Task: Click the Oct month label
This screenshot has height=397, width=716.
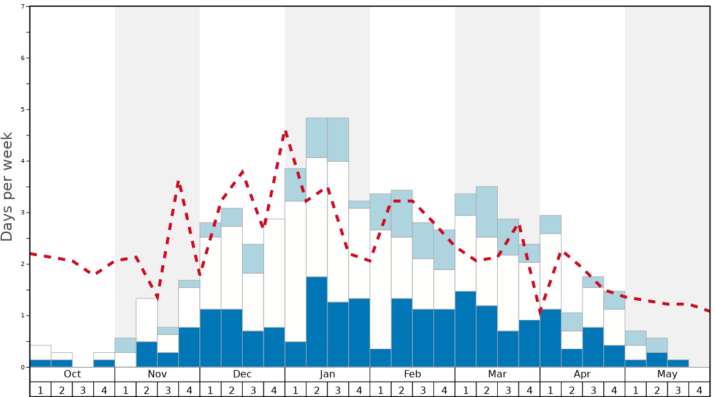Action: tap(72, 374)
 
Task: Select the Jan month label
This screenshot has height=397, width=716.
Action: tap(327, 374)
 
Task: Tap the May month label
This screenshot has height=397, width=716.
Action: tap(667, 374)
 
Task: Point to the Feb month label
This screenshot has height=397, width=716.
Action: tap(413, 374)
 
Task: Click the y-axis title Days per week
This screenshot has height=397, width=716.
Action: tap(7, 186)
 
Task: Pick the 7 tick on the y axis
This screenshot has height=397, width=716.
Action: tap(23, 7)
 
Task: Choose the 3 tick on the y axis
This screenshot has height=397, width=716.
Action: tap(23, 213)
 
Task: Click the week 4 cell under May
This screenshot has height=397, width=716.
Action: tap(699, 390)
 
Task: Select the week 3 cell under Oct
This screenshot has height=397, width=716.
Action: tap(83, 390)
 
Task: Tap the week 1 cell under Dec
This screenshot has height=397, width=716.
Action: tap(210, 390)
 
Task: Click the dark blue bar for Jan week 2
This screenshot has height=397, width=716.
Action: tap(316, 322)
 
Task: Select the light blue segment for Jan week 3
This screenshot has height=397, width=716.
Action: tap(338, 140)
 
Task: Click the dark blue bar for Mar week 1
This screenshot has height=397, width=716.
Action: tap(465, 329)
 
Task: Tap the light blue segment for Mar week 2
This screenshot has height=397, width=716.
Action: tap(487, 212)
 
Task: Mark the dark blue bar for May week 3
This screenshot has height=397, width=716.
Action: tap(678, 363)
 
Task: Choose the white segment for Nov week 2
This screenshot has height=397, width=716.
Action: tap(147, 320)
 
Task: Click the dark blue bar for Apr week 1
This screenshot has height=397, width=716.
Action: tap(550, 338)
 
